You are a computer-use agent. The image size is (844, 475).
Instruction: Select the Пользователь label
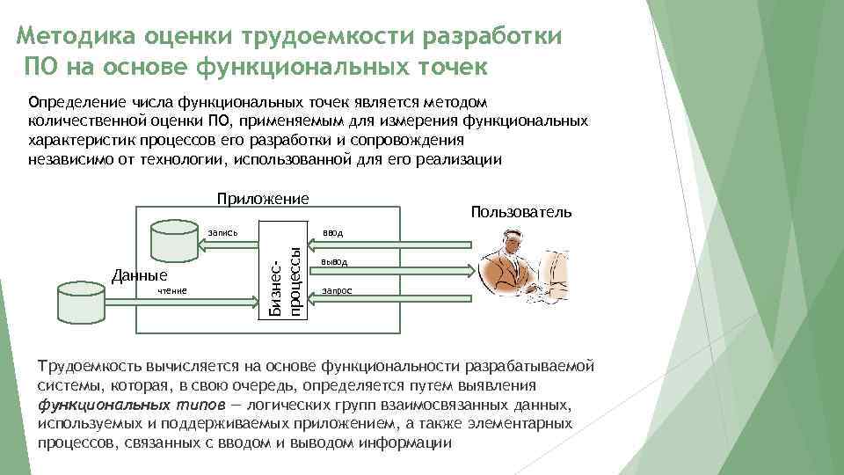pos(520,212)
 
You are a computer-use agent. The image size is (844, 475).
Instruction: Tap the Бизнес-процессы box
pos(286,274)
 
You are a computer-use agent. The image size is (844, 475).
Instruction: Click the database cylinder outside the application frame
pos(83,301)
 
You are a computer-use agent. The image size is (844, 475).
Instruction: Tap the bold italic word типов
pos(198,406)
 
